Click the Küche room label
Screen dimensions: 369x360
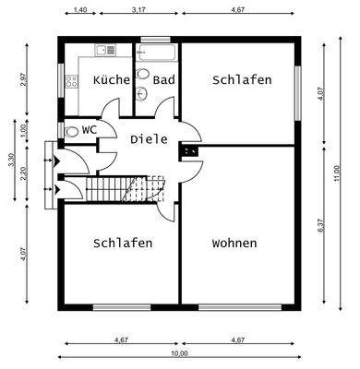tap(112, 80)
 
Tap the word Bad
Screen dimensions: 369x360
tap(164, 80)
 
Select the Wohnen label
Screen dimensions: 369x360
tap(234, 244)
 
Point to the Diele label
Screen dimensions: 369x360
tap(149, 139)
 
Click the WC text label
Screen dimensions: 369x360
tap(90, 130)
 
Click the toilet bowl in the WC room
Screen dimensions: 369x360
tap(71, 131)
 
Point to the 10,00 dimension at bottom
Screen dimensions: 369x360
tap(179, 353)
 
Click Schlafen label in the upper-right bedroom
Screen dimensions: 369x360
tap(242, 80)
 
